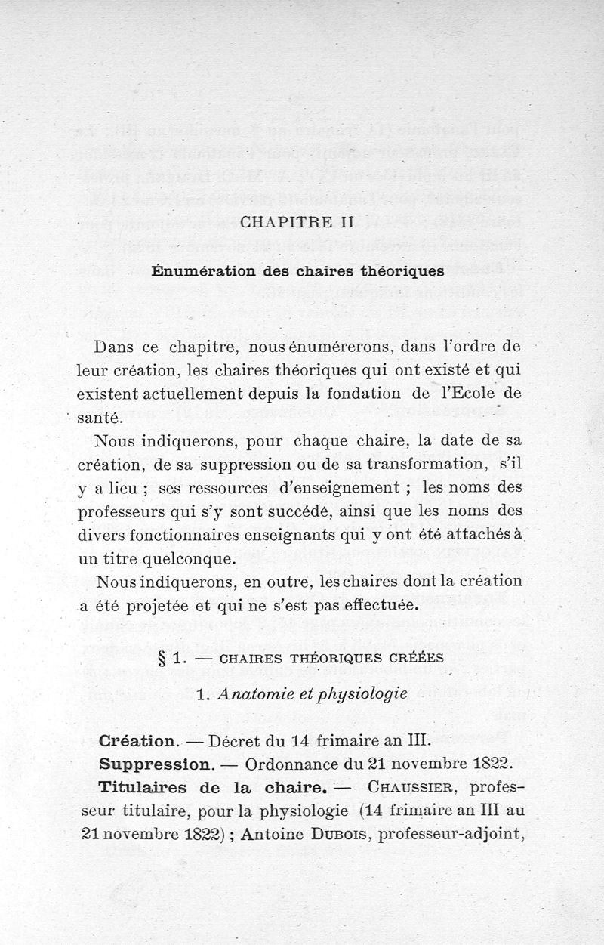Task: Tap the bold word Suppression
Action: [153, 764]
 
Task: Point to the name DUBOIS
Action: [337, 835]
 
